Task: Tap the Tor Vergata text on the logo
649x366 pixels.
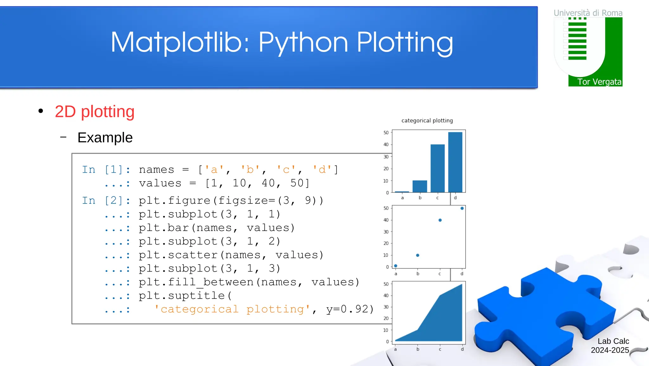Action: [599, 82]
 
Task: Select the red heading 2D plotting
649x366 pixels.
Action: [94, 112]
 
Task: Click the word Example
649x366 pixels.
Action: [105, 138]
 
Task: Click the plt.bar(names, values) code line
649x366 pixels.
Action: [217, 228]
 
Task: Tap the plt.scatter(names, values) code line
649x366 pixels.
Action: [231, 255]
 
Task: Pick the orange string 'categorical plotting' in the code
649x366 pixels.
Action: [232, 309]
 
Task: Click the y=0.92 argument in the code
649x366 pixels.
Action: [350, 309]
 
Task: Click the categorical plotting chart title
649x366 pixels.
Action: [427, 121]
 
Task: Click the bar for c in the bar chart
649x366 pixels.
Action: [437, 168]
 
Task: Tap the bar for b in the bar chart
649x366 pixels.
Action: [420, 186]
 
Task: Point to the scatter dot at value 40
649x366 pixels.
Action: [440, 220]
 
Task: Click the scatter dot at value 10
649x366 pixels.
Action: [418, 255]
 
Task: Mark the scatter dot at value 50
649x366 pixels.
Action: [462, 209]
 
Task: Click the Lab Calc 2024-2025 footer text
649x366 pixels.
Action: [610, 346]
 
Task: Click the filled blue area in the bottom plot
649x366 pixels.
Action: [444, 320]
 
